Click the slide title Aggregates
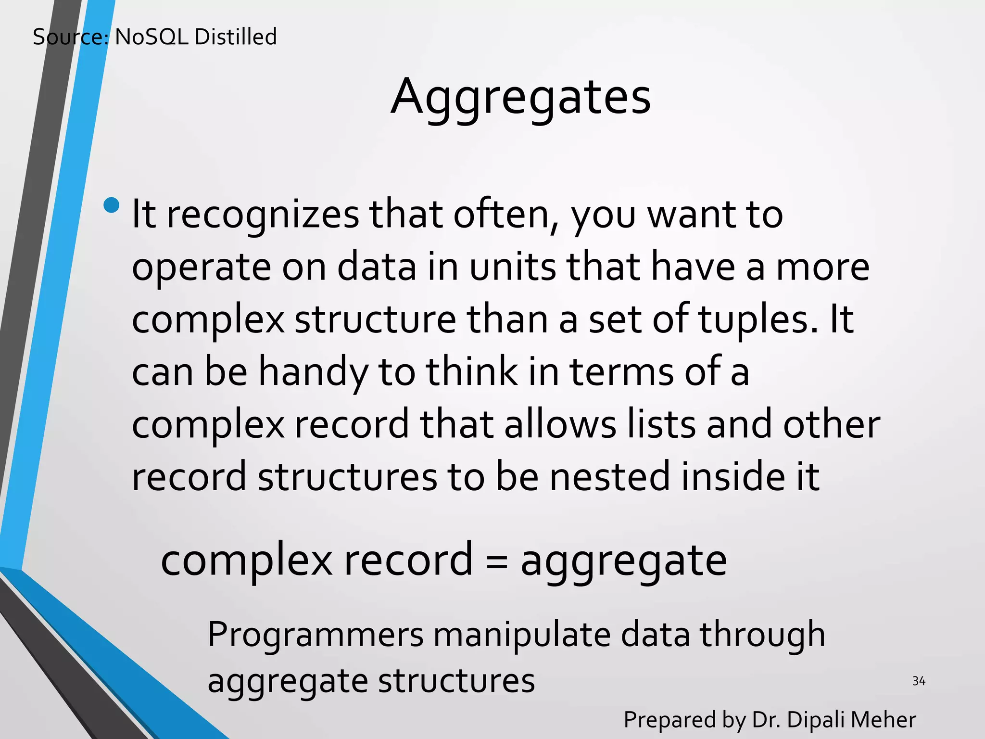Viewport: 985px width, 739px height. [x=520, y=98]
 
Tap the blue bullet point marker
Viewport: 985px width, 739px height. [x=111, y=205]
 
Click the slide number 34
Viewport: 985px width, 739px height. [x=919, y=681]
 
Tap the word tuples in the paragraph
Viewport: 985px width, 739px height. [x=758, y=320]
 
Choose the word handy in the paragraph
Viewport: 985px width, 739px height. [x=314, y=373]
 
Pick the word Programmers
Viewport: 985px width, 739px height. [x=316, y=635]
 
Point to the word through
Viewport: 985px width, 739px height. [x=762, y=635]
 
